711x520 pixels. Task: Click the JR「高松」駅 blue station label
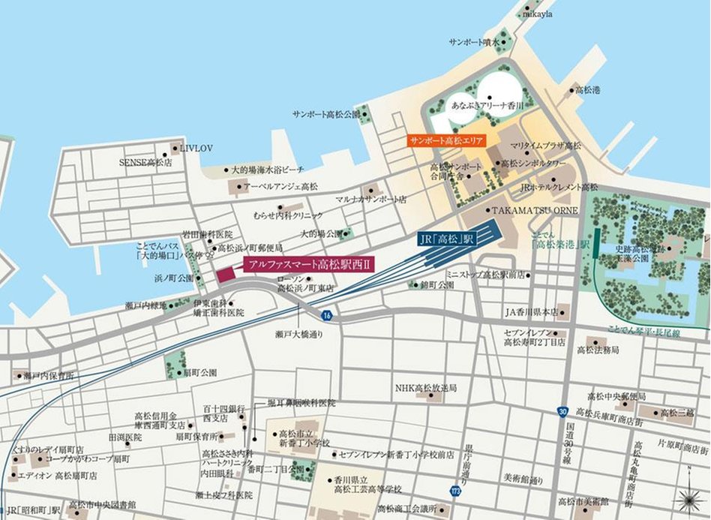[x=448, y=241]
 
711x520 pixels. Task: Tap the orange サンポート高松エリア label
[x=448, y=140]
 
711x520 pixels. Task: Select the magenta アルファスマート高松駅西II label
[x=309, y=265]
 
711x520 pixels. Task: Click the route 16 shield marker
[x=327, y=316]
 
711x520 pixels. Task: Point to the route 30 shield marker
[x=562, y=410]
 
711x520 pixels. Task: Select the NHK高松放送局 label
[x=426, y=388]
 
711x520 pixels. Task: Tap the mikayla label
[x=538, y=14]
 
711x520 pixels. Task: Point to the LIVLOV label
[x=197, y=149]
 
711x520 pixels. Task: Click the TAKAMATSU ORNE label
[x=535, y=211]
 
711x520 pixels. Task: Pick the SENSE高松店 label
[x=145, y=161]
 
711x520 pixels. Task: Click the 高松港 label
[x=588, y=90]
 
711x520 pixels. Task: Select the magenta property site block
[x=226, y=273]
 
